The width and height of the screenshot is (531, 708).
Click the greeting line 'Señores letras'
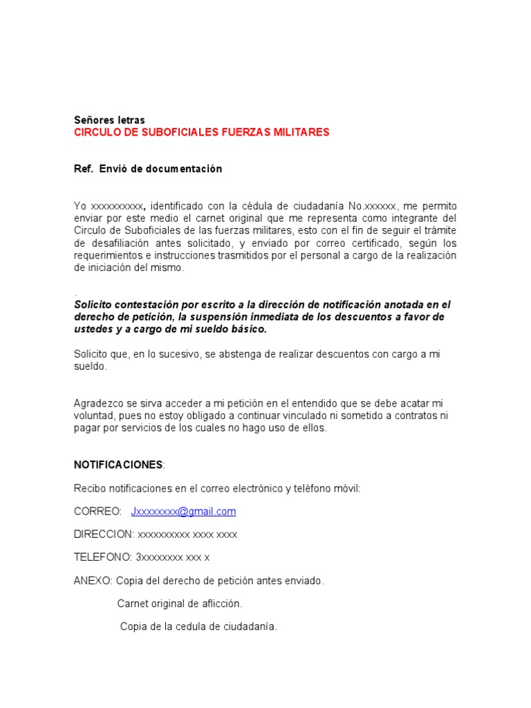click(109, 120)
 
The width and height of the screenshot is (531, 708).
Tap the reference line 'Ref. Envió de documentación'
click(148, 169)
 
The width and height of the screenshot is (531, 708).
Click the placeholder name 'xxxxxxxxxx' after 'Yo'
click(118, 206)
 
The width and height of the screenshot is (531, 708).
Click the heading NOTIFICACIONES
click(118, 464)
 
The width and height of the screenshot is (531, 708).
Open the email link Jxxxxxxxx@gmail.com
click(183, 512)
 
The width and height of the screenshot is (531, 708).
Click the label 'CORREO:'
click(97, 512)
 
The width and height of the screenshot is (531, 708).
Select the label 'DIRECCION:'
click(104, 534)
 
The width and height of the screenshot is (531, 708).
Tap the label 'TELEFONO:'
click(103, 557)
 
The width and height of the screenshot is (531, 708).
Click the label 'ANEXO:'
click(93, 581)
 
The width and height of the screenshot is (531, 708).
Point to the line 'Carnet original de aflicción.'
click(180, 604)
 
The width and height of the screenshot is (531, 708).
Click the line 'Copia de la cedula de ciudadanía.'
click(198, 627)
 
